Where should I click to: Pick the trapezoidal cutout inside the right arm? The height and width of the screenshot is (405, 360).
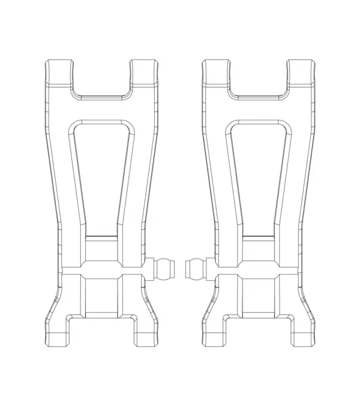pyautogui.click(x=259, y=174)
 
